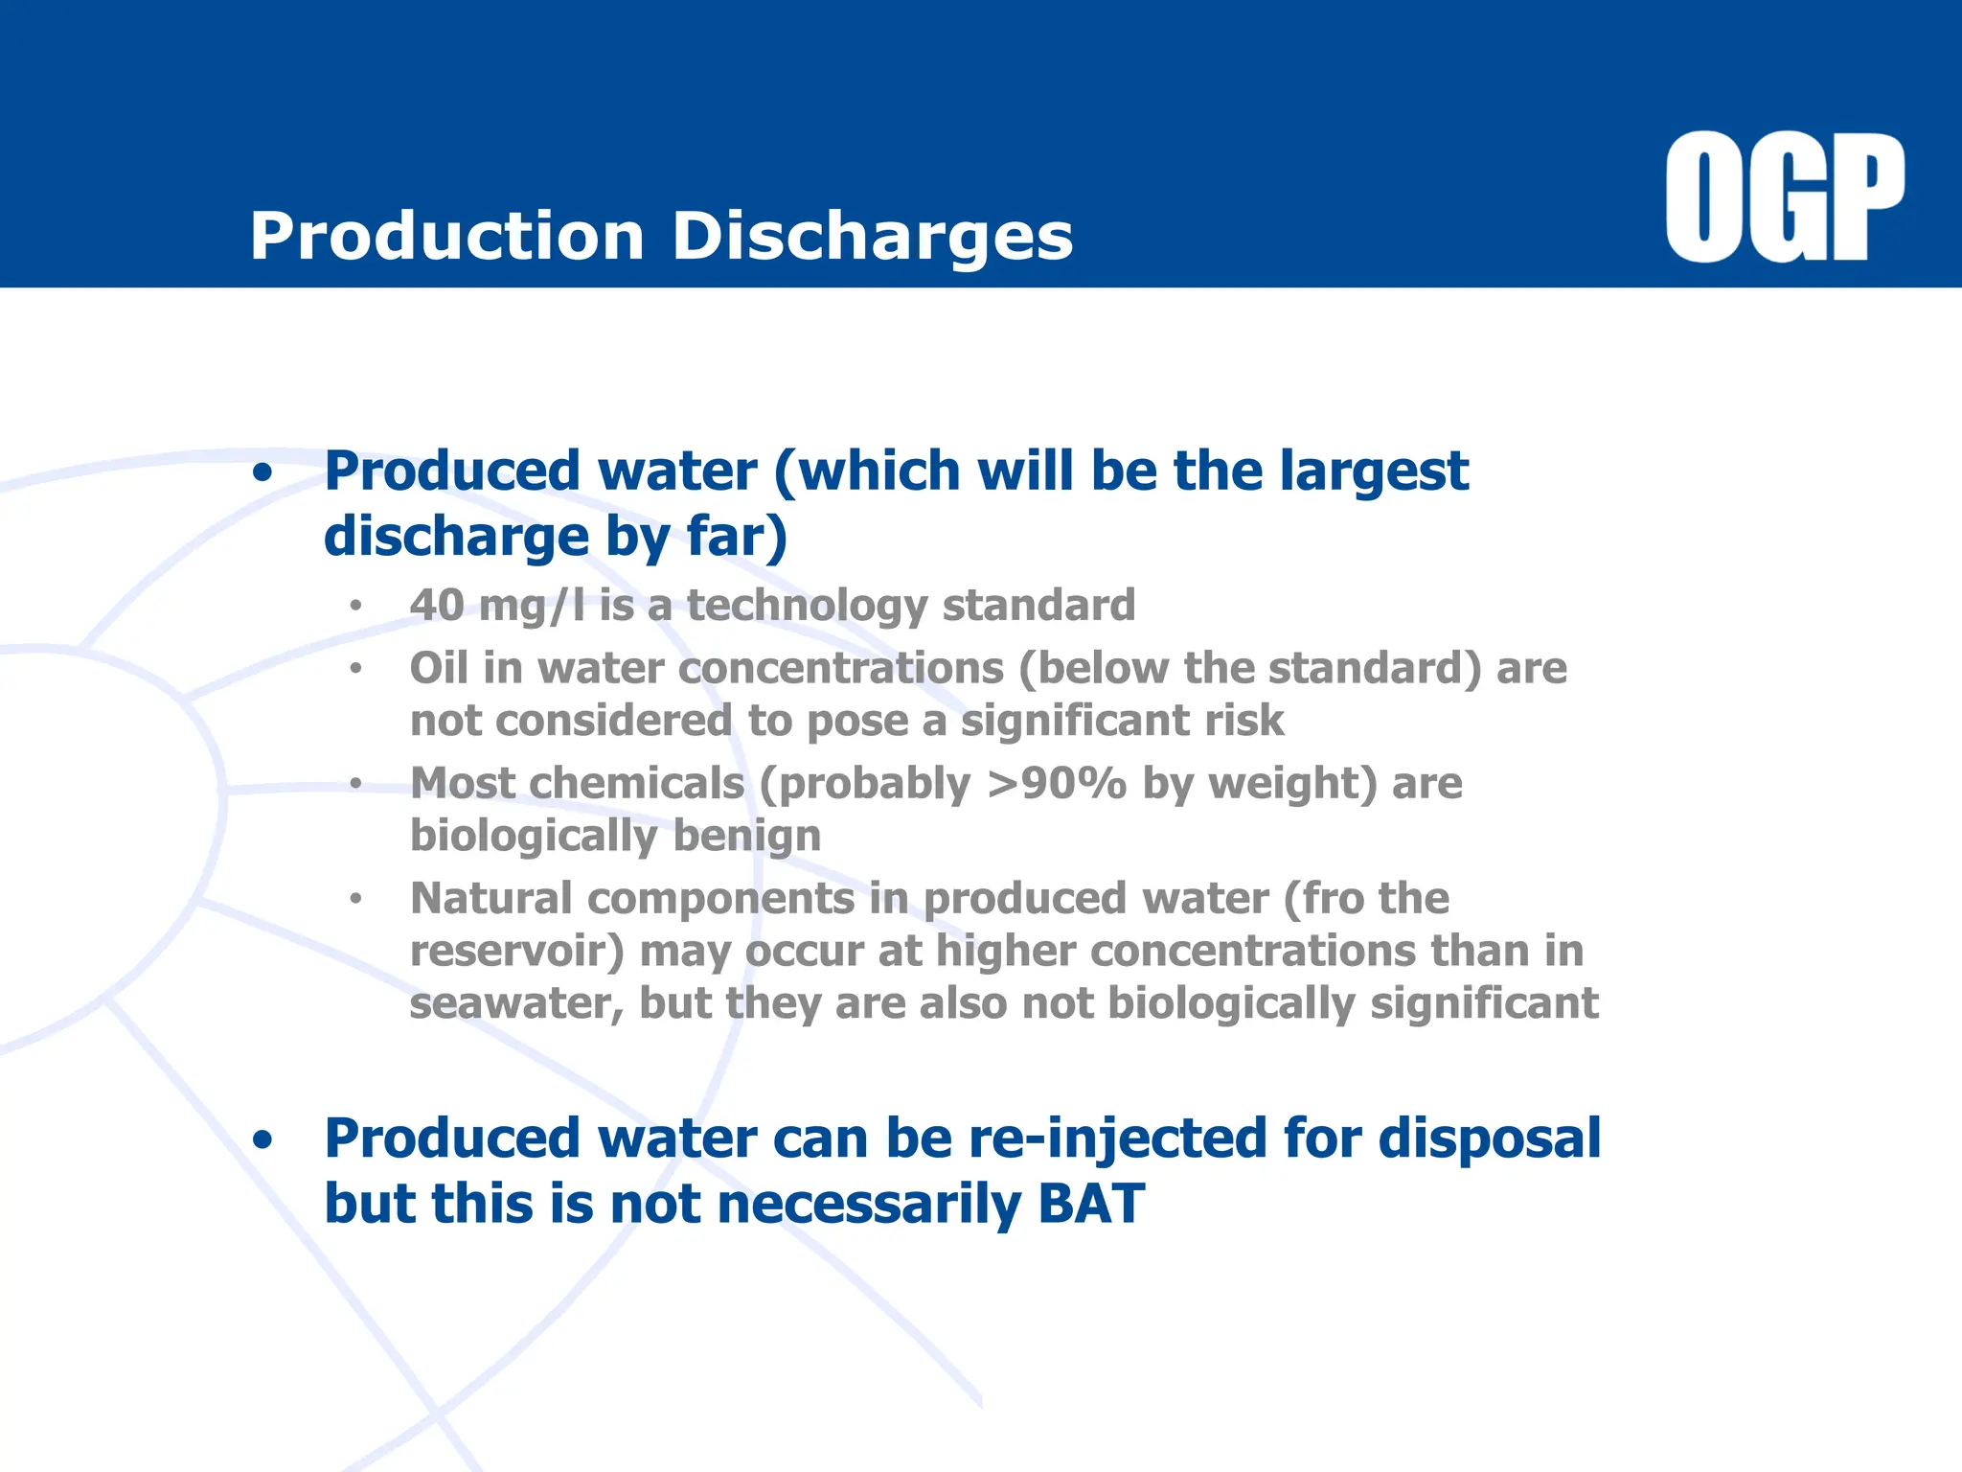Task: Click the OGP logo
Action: pos(1784,197)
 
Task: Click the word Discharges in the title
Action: pos(872,237)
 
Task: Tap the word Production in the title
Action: pos(446,237)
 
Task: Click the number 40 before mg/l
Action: pos(437,606)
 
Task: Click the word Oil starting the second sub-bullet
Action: pos(438,668)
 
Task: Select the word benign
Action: pos(747,836)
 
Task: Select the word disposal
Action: pos(1489,1139)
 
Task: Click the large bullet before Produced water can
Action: pos(262,1140)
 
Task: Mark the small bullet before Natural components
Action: pos(355,899)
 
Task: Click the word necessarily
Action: pos(869,1205)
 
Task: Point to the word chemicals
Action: pos(636,784)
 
